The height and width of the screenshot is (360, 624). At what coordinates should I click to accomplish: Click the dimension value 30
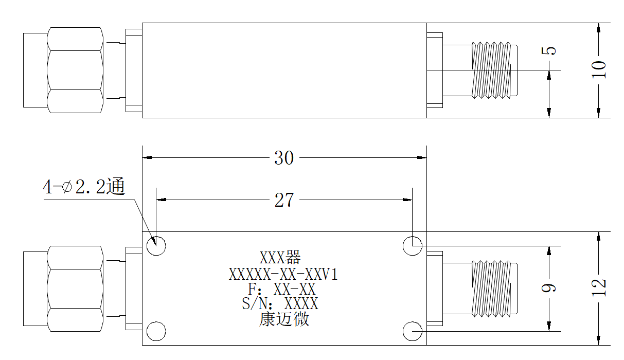pyautogui.click(x=284, y=158)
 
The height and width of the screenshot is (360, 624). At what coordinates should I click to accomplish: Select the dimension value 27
pyautogui.click(x=284, y=200)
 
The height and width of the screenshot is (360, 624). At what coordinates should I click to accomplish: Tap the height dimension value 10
pyautogui.click(x=599, y=69)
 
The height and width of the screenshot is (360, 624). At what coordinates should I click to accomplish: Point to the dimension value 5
pyautogui.click(x=548, y=51)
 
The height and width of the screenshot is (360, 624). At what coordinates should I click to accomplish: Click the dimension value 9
pyautogui.click(x=548, y=287)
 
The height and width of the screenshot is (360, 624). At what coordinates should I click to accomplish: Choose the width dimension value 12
pyautogui.click(x=599, y=287)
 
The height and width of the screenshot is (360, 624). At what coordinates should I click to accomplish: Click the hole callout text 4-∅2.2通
pyautogui.click(x=84, y=186)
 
